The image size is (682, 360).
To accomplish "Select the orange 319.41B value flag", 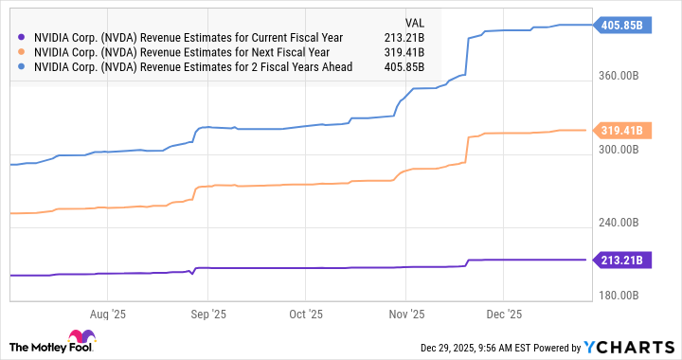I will click(x=623, y=131).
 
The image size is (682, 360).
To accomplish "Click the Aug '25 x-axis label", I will click(x=110, y=313).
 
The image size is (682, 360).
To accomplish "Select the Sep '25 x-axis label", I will click(x=208, y=313).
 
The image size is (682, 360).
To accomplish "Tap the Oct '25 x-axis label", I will click(x=306, y=313).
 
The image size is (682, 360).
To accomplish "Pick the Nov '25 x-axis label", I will click(x=405, y=313).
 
